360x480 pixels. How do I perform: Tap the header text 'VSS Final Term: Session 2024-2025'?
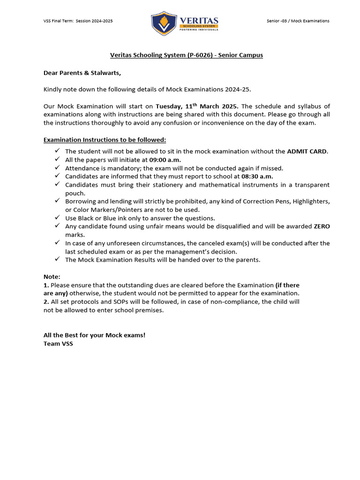[x=78, y=21]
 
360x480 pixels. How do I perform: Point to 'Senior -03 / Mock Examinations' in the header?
[x=297, y=21]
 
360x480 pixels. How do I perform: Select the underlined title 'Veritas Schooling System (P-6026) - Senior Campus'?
[x=187, y=55]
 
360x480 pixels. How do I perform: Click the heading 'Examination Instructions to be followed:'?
[x=105, y=140]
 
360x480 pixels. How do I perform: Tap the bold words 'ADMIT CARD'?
[x=307, y=151]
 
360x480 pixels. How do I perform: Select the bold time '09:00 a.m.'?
[x=165, y=159]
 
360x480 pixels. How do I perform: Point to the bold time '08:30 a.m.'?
[x=257, y=176]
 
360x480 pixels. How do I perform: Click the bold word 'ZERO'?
[x=322, y=226]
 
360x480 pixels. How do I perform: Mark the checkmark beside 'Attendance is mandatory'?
[x=57, y=167]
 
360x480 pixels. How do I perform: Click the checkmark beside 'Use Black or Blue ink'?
[x=57, y=217]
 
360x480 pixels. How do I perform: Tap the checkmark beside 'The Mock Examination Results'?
[x=57, y=259]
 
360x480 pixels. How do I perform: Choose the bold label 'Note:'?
[x=52, y=277]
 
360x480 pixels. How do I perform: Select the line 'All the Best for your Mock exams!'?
[x=94, y=335]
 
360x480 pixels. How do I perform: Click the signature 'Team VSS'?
[x=58, y=344]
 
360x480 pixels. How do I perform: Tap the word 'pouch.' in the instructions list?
[x=75, y=193]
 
